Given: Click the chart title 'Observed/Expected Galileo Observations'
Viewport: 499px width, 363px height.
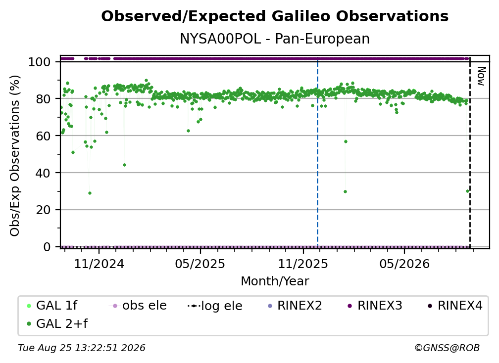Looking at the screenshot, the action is [x=275, y=16].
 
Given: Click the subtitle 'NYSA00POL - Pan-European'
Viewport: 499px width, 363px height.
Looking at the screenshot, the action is [x=275, y=39].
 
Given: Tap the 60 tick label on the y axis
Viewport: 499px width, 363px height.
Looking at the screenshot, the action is [x=43, y=136].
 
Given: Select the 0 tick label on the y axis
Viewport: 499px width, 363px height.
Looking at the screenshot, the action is [x=47, y=247].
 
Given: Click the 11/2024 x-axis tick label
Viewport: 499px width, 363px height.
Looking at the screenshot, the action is [x=99, y=264].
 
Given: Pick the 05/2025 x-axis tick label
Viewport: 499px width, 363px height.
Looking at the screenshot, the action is [x=200, y=264].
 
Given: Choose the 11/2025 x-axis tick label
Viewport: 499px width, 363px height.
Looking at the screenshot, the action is [x=303, y=264].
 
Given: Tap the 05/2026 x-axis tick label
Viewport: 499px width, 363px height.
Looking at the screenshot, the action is [x=404, y=264].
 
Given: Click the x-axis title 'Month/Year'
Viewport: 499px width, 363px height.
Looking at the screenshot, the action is [x=275, y=281].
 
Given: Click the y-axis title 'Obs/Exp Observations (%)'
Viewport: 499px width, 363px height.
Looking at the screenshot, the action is [x=15, y=156].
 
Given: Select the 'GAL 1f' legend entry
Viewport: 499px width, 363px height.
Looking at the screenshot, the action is [x=52, y=306].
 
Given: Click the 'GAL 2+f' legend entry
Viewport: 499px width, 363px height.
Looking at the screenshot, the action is [x=57, y=323].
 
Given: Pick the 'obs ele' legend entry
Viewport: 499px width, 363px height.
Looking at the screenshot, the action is [x=138, y=306].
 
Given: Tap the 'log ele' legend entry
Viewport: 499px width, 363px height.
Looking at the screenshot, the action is [x=215, y=306].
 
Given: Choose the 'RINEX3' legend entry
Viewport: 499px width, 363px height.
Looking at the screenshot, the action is [x=375, y=306].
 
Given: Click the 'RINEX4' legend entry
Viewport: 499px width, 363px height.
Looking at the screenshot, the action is [x=455, y=306].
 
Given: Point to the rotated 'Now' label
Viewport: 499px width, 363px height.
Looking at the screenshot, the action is [x=481, y=76].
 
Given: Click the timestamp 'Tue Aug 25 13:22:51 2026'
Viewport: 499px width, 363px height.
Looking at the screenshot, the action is [x=82, y=348].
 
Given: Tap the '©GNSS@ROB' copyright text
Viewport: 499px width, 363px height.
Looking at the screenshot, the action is [x=447, y=348].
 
